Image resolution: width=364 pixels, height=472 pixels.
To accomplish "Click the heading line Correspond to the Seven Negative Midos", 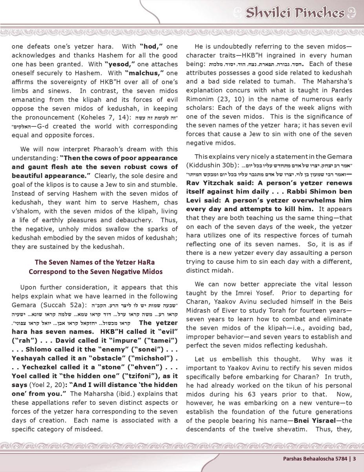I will point(95,272).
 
